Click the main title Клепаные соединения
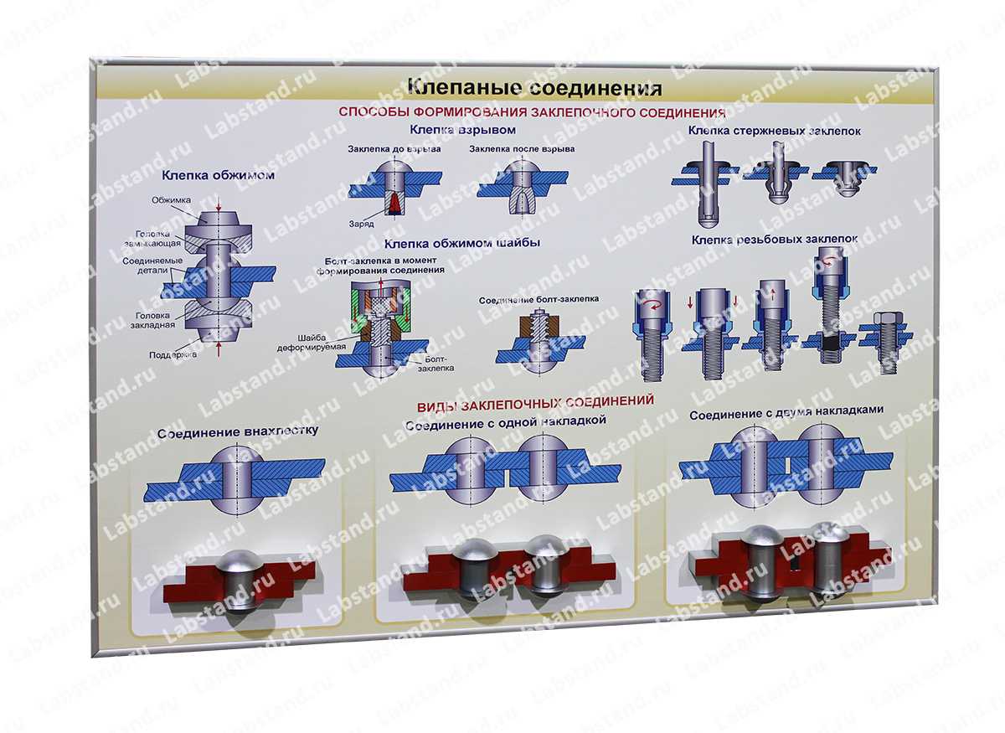click(x=534, y=88)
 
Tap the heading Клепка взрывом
click(x=462, y=130)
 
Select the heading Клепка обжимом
click(x=218, y=176)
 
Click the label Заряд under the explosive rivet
click(x=361, y=224)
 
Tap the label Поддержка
click(x=173, y=354)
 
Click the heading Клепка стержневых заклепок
click(x=774, y=131)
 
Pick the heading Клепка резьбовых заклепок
click(x=774, y=240)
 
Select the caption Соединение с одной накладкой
click(x=505, y=422)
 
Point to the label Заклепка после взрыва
click(x=522, y=149)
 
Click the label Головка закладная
click(x=155, y=320)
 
